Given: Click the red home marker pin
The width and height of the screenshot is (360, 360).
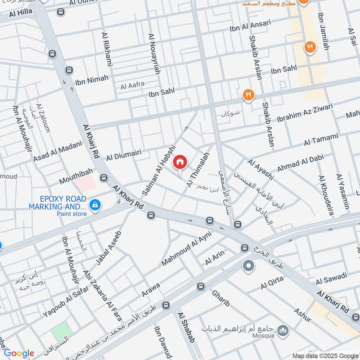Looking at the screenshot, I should tap(180, 162).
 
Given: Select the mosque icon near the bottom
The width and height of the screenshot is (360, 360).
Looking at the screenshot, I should tap(283, 332).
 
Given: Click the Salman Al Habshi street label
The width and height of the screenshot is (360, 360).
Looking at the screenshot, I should tap(158, 169).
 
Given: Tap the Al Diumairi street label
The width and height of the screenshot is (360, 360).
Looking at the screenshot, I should tap(124, 155).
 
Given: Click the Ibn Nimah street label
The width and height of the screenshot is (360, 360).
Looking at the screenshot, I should tap(92, 80).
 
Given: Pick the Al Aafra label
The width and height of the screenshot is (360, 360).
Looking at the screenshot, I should tap(132, 85).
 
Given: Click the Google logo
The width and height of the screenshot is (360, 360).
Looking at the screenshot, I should tap(19, 353).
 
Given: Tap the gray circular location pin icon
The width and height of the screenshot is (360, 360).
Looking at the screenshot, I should tap(248, 266).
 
